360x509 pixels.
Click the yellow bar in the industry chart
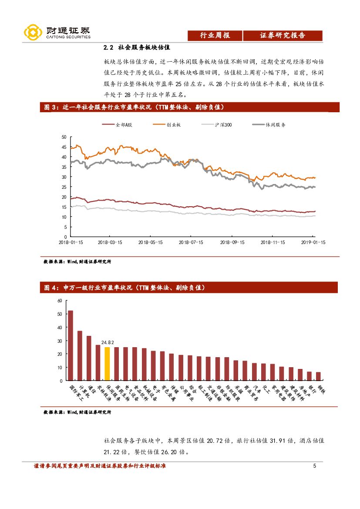click(107, 364)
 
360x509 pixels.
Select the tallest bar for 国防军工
click(71, 345)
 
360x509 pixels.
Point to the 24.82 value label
click(107, 342)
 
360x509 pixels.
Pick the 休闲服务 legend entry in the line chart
click(270, 125)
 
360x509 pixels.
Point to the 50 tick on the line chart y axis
click(64, 137)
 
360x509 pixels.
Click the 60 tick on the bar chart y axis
click(60, 301)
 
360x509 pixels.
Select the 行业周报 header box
click(215, 36)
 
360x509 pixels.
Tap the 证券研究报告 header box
click(283, 36)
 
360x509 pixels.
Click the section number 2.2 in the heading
click(108, 47)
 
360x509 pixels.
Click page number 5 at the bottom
click(314, 466)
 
